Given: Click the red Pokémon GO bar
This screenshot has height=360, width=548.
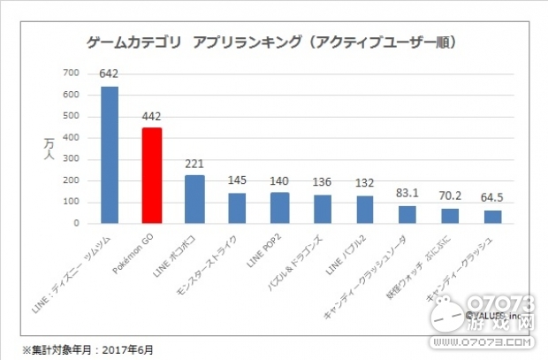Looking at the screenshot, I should pos(153,176).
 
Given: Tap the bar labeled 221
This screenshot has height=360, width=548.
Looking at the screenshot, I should pos(195,200).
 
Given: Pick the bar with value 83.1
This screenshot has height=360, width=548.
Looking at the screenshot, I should pos(407,215).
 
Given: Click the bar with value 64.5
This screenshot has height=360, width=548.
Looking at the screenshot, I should pos(493,217).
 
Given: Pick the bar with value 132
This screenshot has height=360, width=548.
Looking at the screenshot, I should pos(365,210).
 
